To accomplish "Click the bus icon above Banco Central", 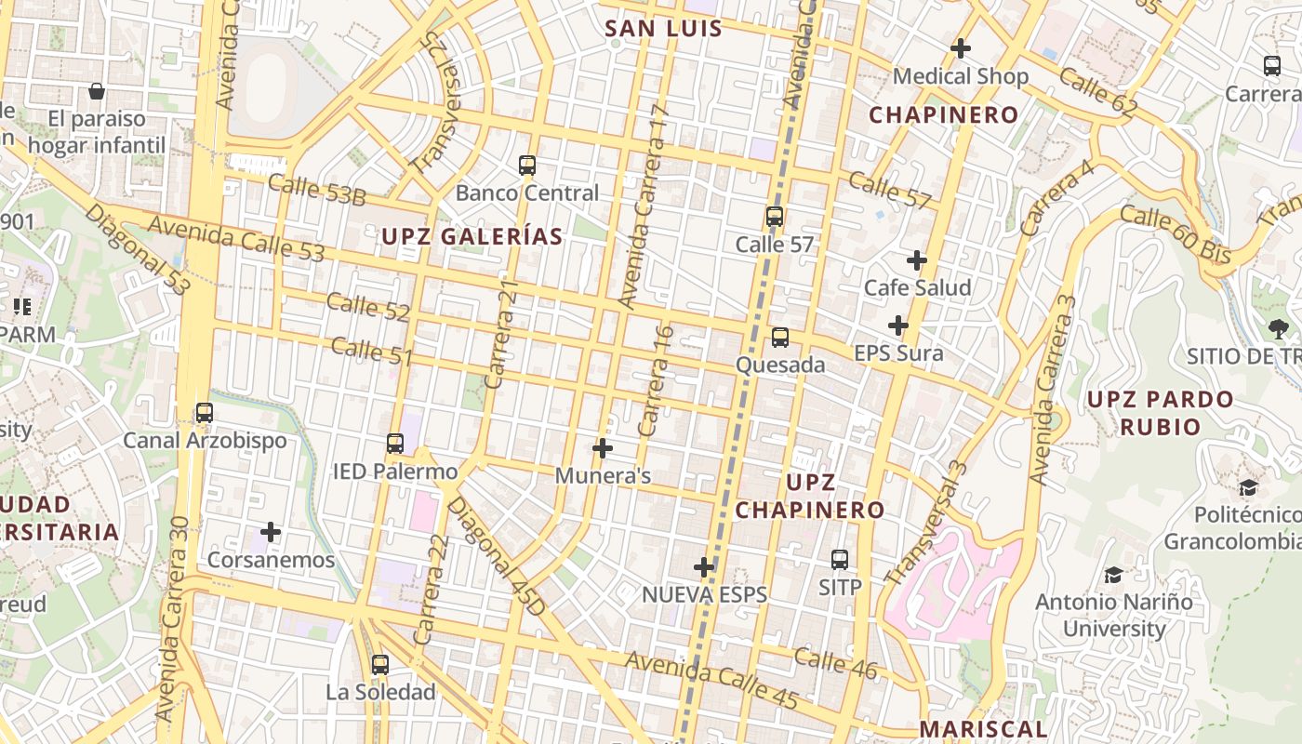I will coord(527,166).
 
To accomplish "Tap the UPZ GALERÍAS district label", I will coord(472,236).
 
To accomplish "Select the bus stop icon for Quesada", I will coord(780,338).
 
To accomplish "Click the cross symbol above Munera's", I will coord(603,448).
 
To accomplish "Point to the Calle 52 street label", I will coord(368,306).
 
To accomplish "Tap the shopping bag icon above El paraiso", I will coord(96,91).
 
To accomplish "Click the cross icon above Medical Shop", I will coord(961,47).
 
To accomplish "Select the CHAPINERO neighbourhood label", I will coord(944,115).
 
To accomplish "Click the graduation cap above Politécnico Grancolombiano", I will coord(1248,488).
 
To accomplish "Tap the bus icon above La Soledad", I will coord(379,665).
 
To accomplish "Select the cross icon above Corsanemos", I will coord(271,532).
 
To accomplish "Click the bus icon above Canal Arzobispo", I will coord(205,412).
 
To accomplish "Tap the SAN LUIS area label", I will coord(663,28).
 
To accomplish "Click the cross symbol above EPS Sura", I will coord(897,325).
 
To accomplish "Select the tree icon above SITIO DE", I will coord(1278,327).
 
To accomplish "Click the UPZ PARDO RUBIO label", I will coord(1160,413).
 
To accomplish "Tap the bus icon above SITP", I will coord(840,560).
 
